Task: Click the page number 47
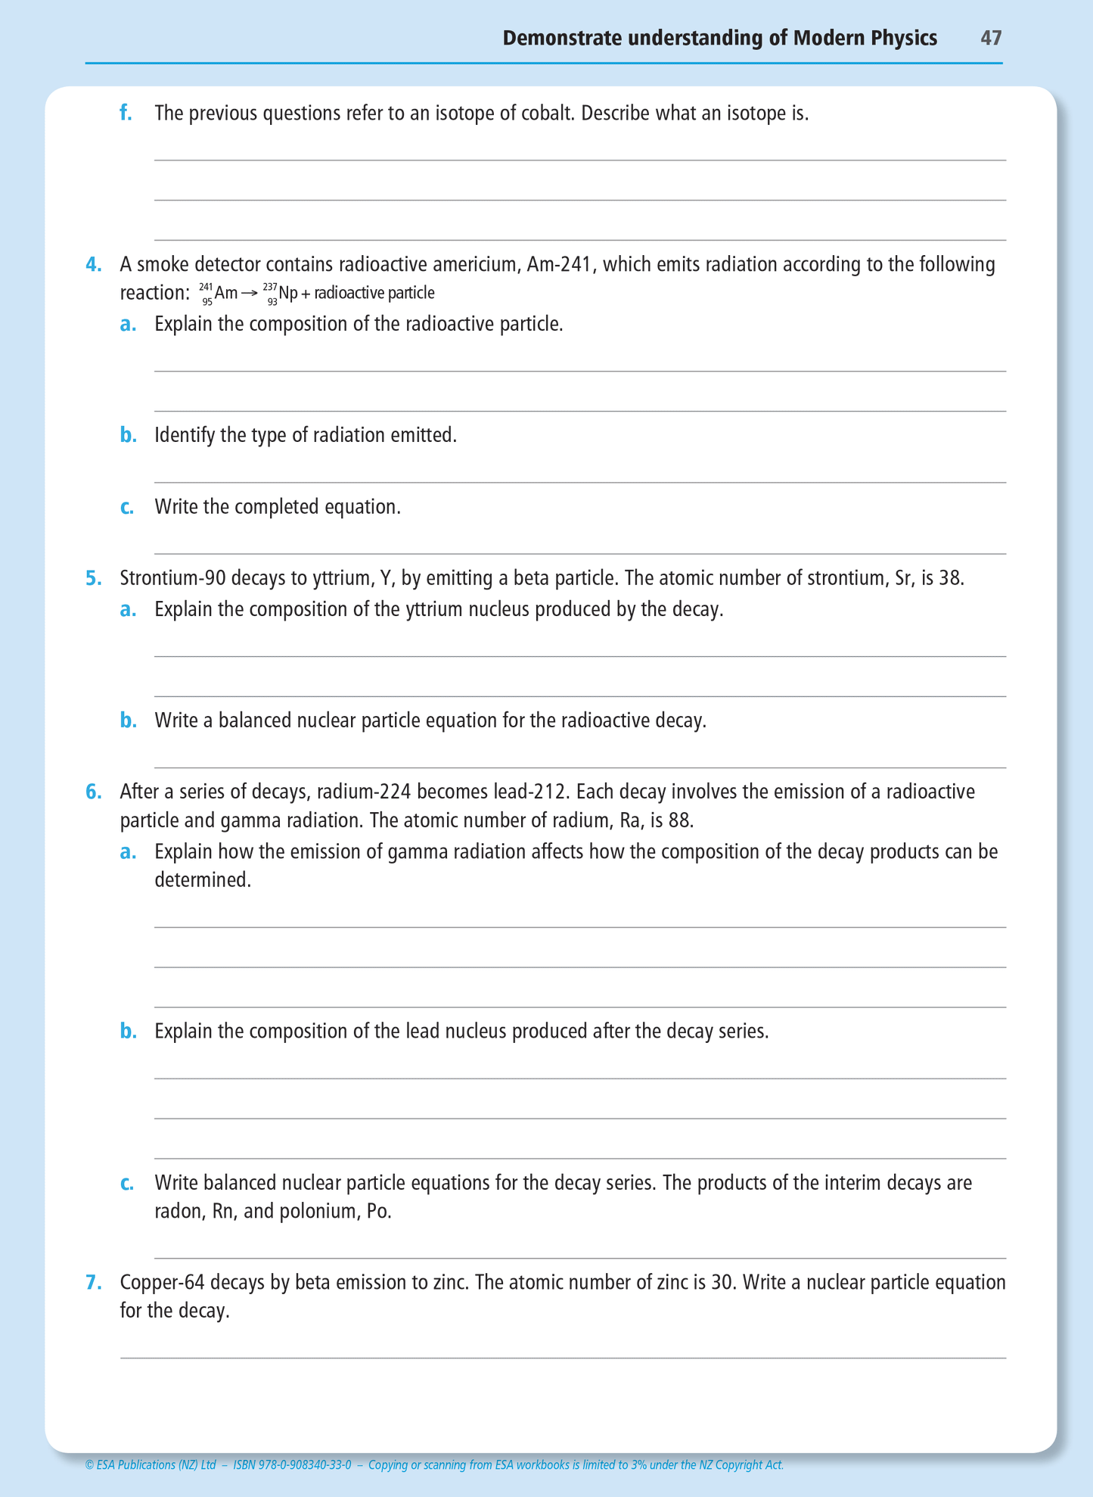[991, 38]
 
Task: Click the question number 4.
[93, 265]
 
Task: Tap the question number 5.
[93, 579]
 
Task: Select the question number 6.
[93, 792]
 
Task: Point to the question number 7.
[93, 1283]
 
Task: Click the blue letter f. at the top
[126, 114]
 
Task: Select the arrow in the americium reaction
[250, 293]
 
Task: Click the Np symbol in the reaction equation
[288, 293]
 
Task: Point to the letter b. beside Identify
[128, 436]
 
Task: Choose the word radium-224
[365, 792]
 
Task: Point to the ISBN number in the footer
[292, 1465]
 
